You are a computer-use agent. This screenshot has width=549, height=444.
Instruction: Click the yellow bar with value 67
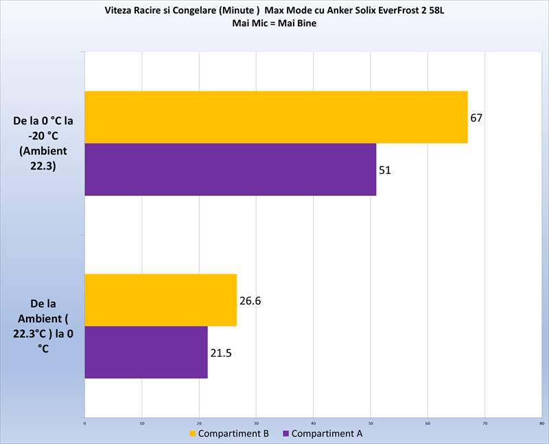[x=276, y=117]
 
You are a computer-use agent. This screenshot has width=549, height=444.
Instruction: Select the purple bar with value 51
[x=230, y=169]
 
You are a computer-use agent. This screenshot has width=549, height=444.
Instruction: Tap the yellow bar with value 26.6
[x=161, y=300]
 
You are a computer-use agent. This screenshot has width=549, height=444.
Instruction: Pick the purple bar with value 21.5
[x=145, y=352]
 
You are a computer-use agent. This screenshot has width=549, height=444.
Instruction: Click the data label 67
[x=477, y=118]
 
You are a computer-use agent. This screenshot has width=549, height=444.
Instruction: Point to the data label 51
[x=385, y=170]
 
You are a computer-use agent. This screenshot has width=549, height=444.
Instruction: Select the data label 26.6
[x=250, y=300]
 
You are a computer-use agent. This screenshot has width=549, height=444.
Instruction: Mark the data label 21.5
[x=220, y=353]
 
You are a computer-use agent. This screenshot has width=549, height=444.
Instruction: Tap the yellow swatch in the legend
[x=193, y=434]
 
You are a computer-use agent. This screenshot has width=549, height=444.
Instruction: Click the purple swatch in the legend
[x=285, y=434]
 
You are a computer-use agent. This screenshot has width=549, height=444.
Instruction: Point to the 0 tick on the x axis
[x=84, y=423]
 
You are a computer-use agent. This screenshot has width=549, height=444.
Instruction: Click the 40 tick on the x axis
[x=313, y=423]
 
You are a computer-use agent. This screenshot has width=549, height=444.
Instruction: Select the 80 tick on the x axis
[x=541, y=423]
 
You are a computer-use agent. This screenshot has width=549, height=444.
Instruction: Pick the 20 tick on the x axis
[x=199, y=423]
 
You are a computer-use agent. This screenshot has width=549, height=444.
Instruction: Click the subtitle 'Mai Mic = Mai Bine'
[x=274, y=23]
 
